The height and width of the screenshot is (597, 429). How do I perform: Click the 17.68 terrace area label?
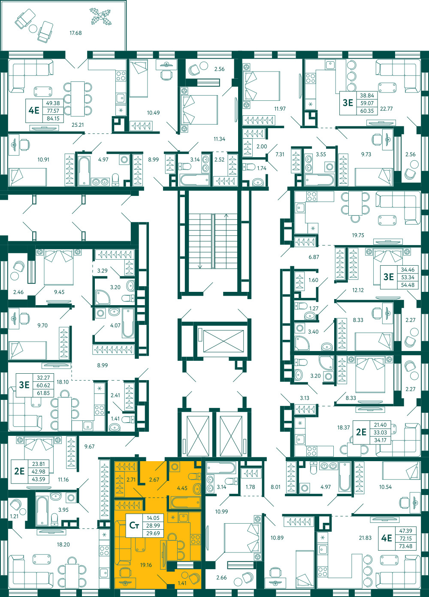point(76,33)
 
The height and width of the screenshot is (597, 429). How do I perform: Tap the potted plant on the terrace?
point(100,17)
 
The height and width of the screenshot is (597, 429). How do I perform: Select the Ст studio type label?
point(134,525)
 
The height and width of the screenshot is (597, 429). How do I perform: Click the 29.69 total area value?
point(153,533)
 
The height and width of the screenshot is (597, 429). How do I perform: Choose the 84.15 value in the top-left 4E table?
point(53,118)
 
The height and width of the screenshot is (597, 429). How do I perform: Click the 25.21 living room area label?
point(78,125)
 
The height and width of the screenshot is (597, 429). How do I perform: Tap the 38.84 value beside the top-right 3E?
point(367,96)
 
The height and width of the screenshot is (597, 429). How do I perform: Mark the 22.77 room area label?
point(386,109)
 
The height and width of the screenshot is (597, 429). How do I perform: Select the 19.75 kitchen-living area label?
point(358,235)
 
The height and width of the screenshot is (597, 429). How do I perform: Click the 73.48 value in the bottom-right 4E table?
point(405,546)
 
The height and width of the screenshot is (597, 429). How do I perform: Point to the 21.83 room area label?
point(365,538)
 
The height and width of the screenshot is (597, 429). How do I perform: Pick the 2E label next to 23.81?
point(19,471)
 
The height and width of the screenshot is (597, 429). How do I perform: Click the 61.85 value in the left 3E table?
point(43,393)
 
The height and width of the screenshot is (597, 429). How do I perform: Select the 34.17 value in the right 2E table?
point(380,440)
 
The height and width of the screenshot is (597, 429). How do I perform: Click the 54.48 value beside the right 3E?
point(408,285)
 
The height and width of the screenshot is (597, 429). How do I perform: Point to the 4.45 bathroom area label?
point(182,488)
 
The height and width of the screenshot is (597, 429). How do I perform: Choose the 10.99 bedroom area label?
point(221,511)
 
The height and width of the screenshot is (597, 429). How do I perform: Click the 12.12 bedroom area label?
point(358,290)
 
